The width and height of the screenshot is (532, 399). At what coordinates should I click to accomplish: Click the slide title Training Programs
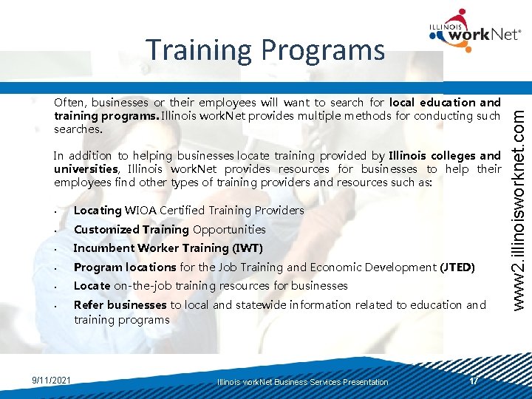tap(265, 50)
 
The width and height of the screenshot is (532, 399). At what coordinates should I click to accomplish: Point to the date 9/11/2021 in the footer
tap(52, 380)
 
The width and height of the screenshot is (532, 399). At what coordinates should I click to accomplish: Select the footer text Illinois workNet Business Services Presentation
tap(302, 382)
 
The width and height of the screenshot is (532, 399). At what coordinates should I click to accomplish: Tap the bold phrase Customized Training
tap(131, 230)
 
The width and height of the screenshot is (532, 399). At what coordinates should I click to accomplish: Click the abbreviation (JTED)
tap(458, 267)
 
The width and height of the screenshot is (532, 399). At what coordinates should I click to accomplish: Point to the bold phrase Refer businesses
tap(120, 304)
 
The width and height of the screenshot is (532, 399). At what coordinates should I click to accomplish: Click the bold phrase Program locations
tap(124, 267)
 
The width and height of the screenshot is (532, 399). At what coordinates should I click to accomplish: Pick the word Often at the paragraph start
tap(69, 103)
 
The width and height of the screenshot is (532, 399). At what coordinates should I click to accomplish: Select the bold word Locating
tap(98, 211)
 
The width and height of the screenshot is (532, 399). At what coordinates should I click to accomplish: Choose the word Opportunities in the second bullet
tap(229, 230)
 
